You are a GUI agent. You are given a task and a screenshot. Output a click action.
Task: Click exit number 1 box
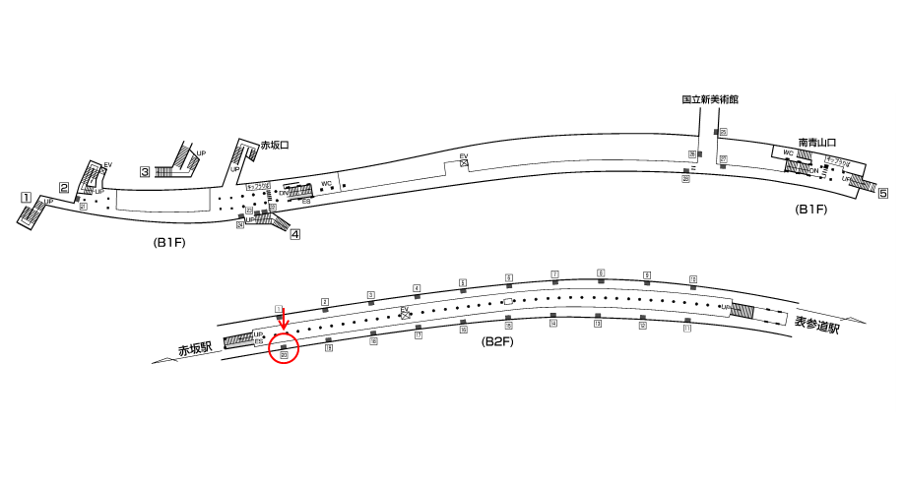(x=27, y=198)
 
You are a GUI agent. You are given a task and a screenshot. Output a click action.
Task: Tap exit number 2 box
(x=64, y=188)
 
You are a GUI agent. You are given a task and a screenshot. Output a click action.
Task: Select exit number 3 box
(x=144, y=172)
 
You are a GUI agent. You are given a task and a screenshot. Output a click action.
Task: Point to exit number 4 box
(x=294, y=234)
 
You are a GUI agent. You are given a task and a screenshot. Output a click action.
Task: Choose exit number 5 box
(x=883, y=194)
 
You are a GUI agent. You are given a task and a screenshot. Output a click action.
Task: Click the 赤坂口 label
(x=274, y=146)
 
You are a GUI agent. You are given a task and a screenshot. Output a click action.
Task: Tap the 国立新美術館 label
(x=709, y=99)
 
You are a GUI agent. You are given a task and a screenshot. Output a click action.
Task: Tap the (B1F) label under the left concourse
(x=169, y=242)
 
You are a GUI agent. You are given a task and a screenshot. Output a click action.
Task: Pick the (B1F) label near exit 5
(x=810, y=210)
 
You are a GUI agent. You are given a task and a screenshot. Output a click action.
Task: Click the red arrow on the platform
(x=283, y=319)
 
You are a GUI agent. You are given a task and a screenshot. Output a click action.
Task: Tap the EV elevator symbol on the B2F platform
(x=404, y=313)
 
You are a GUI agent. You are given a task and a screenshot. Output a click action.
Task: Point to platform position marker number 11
(x=687, y=330)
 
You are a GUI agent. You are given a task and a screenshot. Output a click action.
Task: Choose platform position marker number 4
(x=417, y=289)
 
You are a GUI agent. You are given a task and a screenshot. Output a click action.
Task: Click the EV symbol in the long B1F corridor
(x=464, y=161)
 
